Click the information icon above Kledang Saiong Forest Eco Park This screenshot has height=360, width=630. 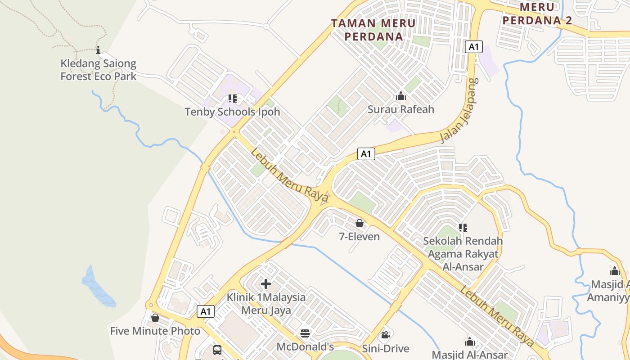98,50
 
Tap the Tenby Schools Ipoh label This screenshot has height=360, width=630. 232,112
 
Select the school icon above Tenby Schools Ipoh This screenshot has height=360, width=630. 232,98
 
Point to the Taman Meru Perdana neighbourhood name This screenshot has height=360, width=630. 373,30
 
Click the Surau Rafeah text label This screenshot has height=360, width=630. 400,109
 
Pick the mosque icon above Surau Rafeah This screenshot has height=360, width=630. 400,96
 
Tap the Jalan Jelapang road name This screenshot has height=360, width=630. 459,111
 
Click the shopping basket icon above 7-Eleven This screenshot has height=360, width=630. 360,223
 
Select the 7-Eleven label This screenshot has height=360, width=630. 359,237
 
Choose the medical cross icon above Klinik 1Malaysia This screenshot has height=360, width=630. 266,284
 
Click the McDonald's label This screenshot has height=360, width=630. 305,347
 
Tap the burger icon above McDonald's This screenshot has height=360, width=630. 305,333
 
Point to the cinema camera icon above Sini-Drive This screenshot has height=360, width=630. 385,335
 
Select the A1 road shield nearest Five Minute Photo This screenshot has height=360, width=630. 206,311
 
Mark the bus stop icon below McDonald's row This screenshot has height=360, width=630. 217,350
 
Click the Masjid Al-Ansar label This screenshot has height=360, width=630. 470,355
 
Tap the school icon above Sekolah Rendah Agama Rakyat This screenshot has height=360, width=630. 463,228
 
